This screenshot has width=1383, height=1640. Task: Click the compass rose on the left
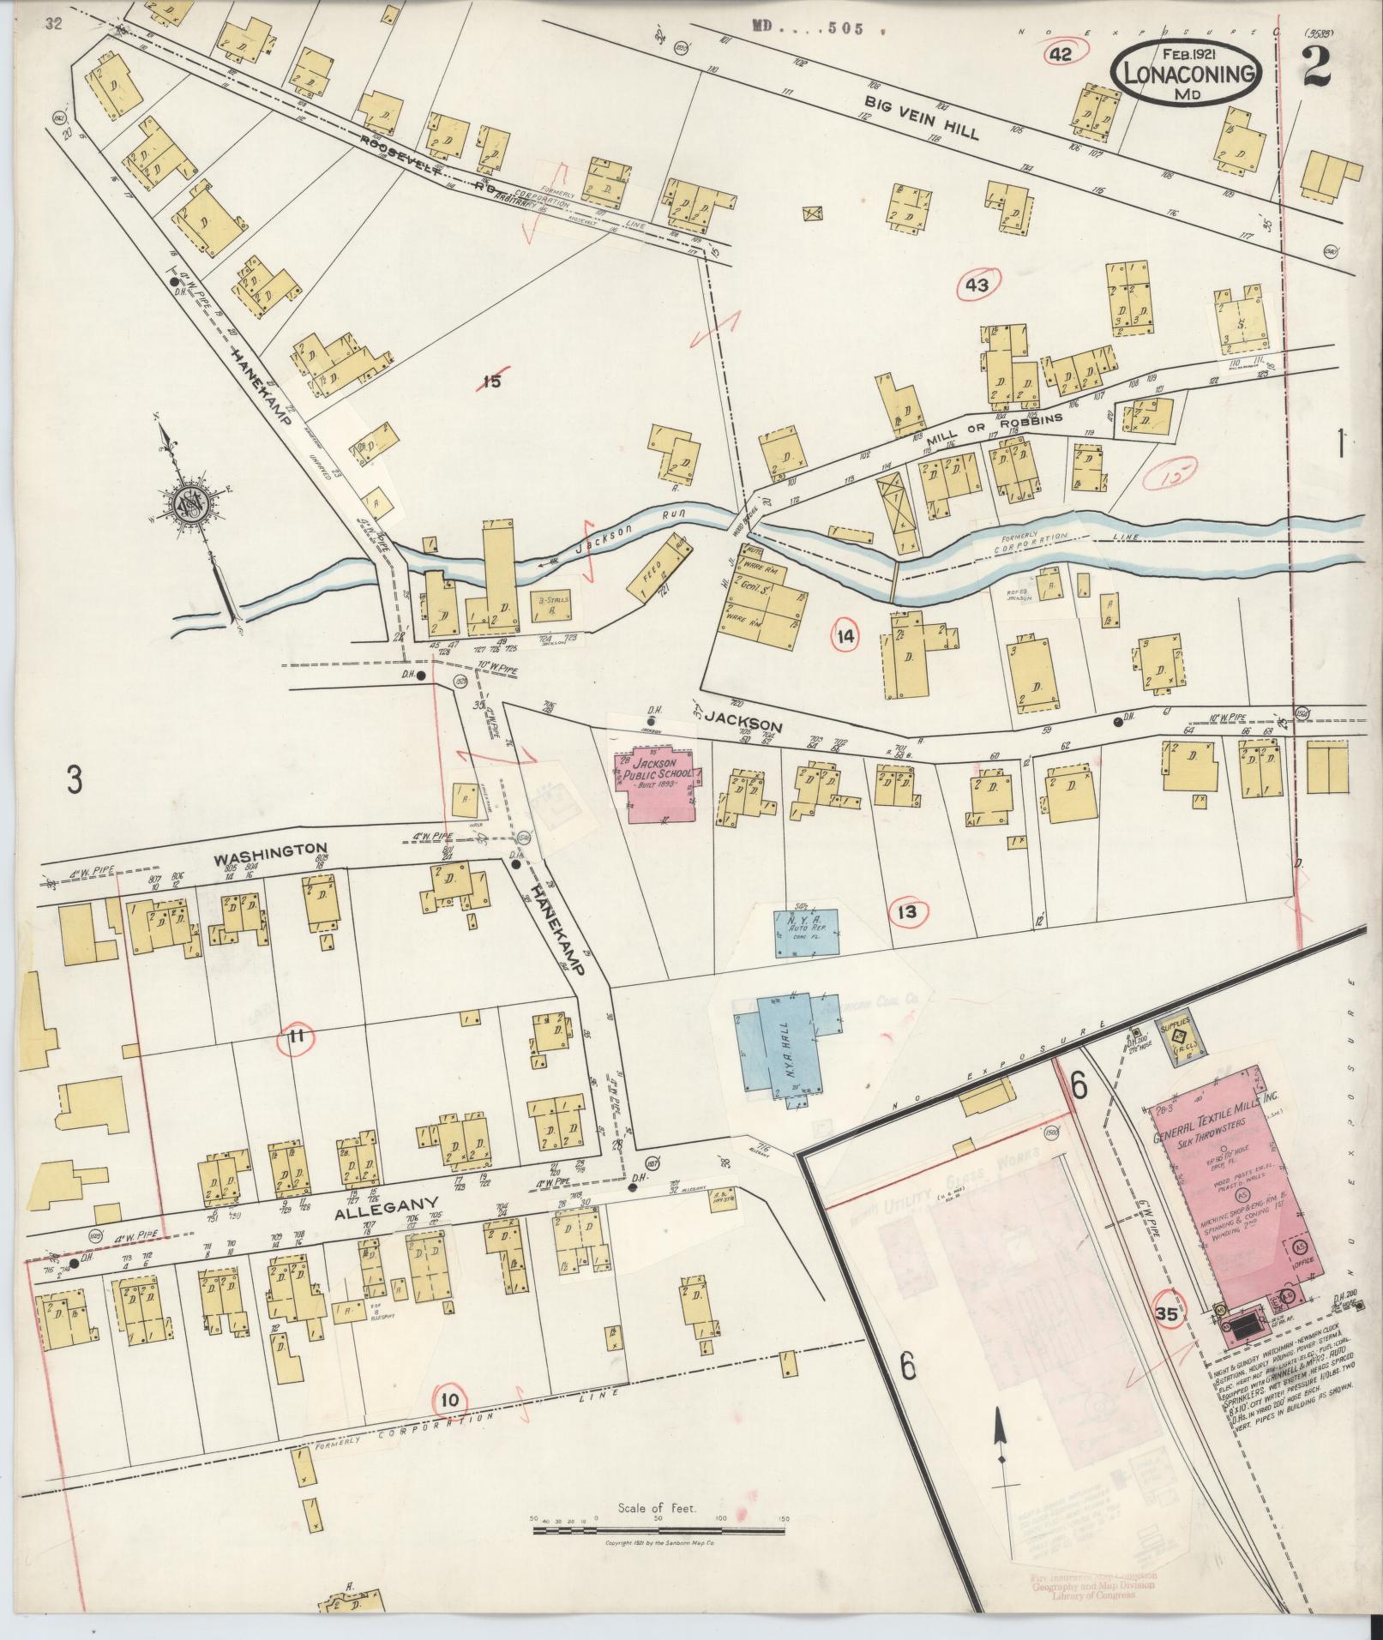pyautogui.click(x=187, y=504)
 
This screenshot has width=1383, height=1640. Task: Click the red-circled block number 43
pyautogui.click(x=978, y=285)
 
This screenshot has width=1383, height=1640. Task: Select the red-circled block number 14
pyautogui.click(x=845, y=635)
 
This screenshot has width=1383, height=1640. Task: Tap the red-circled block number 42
pyautogui.click(x=1061, y=55)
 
